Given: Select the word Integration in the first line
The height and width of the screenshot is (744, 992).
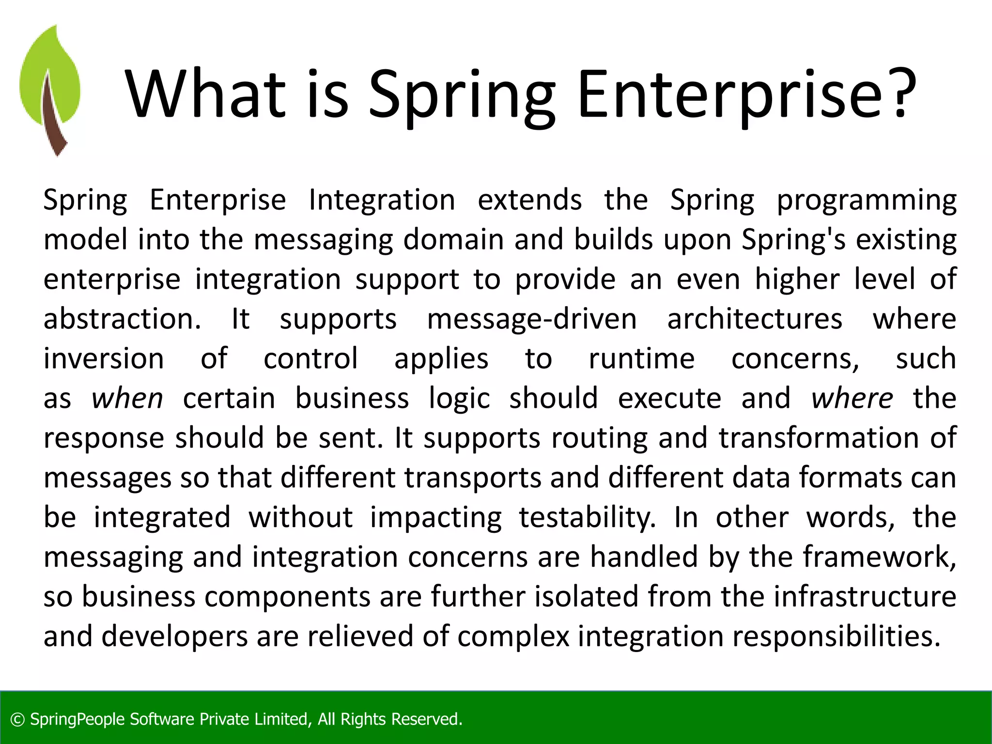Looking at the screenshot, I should coord(382,200).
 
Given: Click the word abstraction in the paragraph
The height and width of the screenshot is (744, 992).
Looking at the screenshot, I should coord(122,319).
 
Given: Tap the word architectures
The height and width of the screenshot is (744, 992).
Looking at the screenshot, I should coord(755,319).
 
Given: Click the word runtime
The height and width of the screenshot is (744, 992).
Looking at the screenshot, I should coord(641,359).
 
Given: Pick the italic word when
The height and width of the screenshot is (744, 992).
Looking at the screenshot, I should coord(127,399).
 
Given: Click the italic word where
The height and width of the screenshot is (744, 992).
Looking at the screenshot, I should coord(852,399).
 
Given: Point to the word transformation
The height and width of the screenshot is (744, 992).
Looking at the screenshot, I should coord(818,438).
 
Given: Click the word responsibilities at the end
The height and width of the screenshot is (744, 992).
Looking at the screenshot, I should coord(836,636).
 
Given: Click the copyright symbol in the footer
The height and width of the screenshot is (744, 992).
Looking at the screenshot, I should coord(17,720).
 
